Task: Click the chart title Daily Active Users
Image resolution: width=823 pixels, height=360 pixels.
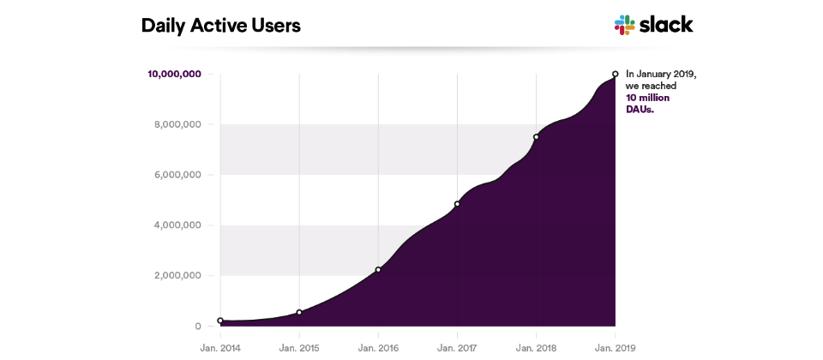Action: click(x=220, y=26)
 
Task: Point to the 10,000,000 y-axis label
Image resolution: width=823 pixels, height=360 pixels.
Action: click(x=174, y=74)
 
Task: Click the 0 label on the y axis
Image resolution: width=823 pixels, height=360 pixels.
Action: click(x=198, y=327)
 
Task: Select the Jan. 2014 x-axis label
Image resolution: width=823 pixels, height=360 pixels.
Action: click(x=220, y=347)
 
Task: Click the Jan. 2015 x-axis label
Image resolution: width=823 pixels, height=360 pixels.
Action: click(x=299, y=347)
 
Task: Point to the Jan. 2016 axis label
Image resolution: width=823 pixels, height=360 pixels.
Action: click(x=378, y=347)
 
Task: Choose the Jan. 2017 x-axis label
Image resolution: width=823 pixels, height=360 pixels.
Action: click(x=457, y=347)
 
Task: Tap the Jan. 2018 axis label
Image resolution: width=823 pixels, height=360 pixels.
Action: click(x=536, y=347)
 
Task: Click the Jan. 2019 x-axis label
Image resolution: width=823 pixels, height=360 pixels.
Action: click(x=615, y=347)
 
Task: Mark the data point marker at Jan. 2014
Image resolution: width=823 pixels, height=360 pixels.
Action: click(x=220, y=321)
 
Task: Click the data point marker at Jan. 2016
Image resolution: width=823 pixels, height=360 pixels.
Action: click(x=378, y=270)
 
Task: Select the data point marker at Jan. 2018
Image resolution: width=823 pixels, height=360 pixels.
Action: click(x=536, y=137)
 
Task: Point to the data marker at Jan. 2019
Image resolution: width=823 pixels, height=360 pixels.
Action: click(x=615, y=74)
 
